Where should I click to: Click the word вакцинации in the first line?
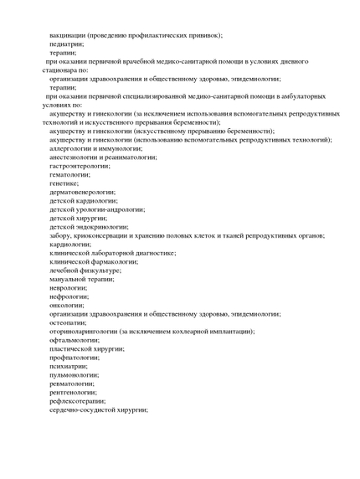[x=71, y=35]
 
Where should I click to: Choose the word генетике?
[x=64, y=183]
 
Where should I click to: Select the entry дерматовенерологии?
[x=83, y=192]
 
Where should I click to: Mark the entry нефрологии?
[x=69, y=296]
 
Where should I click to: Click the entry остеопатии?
[x=69, y=322]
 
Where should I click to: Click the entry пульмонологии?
[x=74, y=374]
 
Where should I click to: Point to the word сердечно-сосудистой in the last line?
[x=85, y=409]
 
